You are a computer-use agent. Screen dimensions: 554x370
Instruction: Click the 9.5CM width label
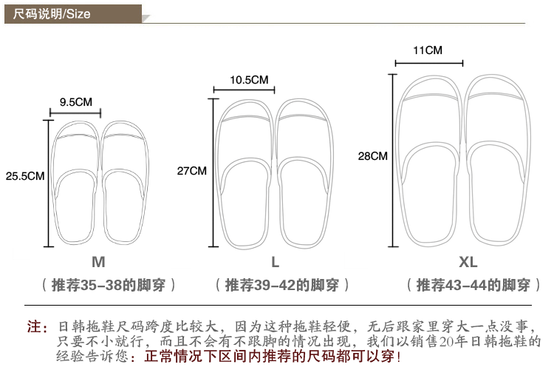click(76, 101)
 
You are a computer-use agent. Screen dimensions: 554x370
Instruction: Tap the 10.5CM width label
click(248, 79)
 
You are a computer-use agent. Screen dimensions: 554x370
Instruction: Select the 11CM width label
click(428, 51)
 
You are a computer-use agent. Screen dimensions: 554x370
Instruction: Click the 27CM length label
click(192, 170)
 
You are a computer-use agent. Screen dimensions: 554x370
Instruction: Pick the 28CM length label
click(372, 156)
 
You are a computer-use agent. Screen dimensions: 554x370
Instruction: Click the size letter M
click(98, 262)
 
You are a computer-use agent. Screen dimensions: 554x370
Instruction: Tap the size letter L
click(275, 262)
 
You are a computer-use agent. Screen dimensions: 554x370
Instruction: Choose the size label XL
click(468, 262)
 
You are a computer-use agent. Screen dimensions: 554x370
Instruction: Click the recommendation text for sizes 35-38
click(109, 285)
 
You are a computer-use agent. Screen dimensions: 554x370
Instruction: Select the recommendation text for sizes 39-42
click(282, 285)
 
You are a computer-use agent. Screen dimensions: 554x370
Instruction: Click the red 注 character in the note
click(33, 326)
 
